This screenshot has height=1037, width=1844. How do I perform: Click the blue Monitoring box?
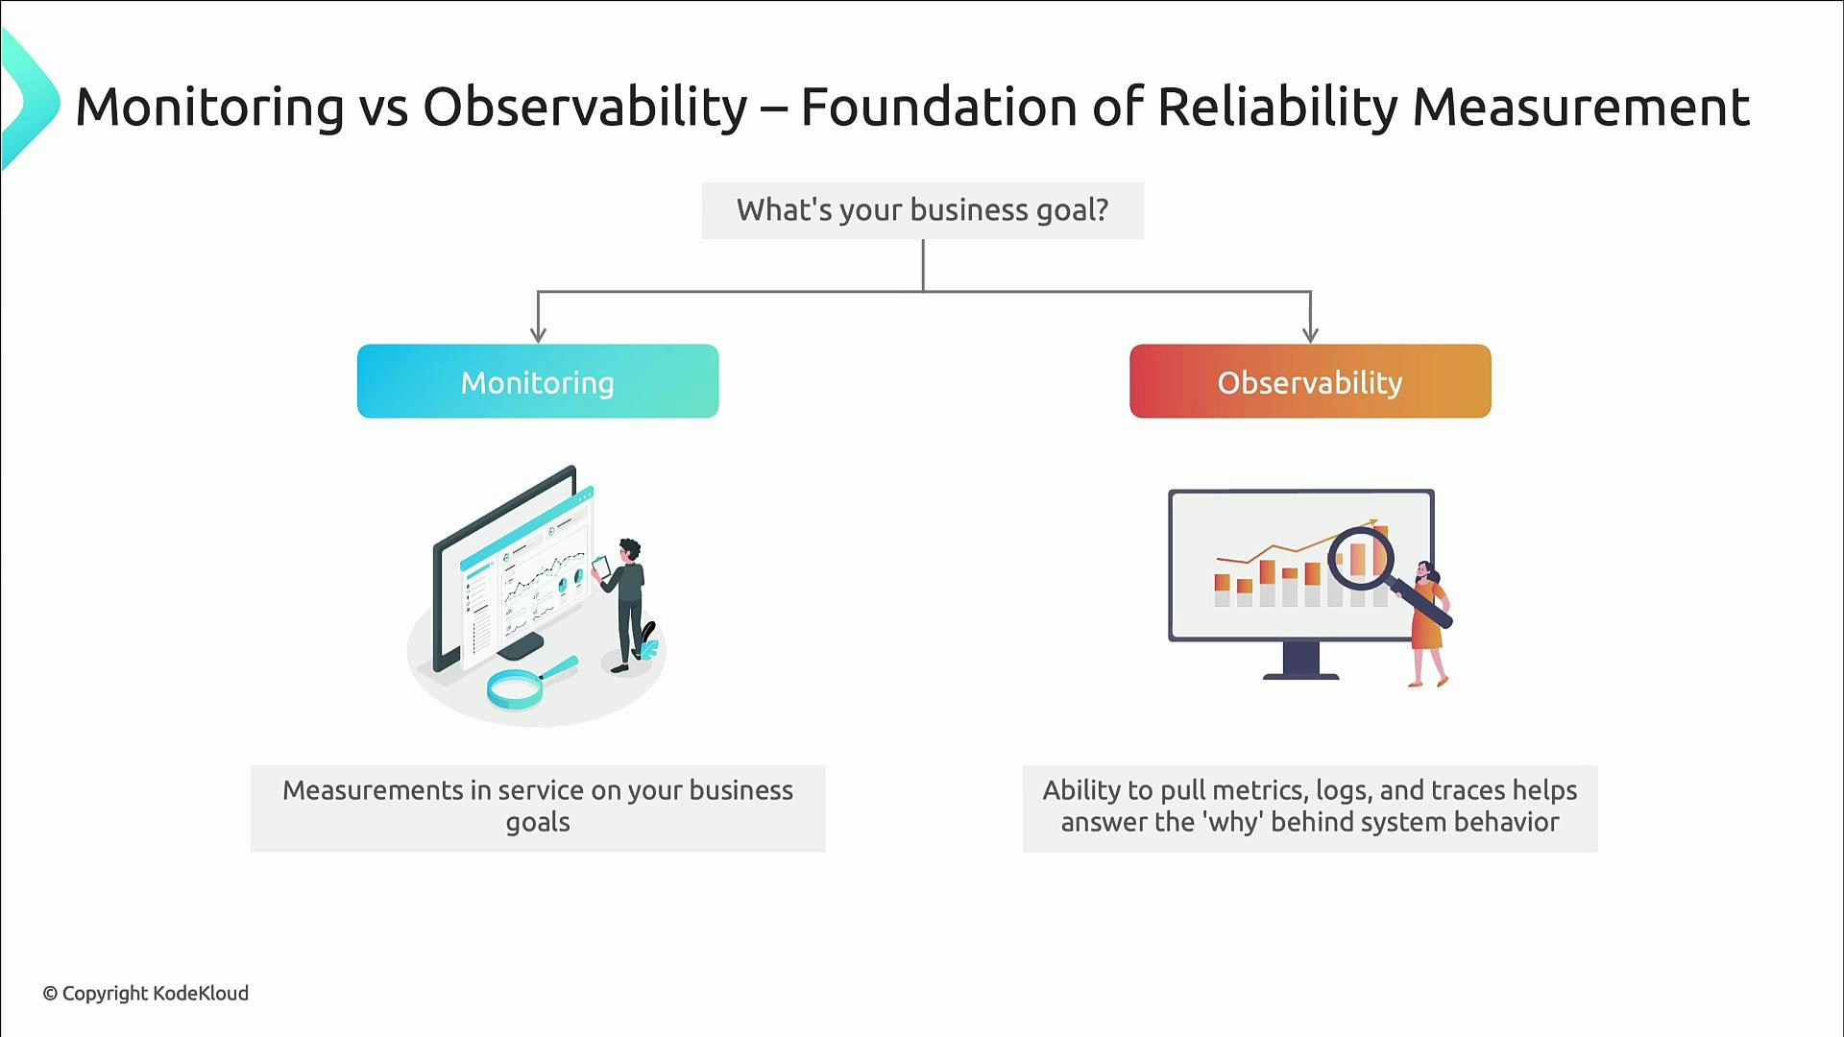538,381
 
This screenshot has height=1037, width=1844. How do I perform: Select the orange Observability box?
1310,381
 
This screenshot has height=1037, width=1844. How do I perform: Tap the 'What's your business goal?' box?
922,210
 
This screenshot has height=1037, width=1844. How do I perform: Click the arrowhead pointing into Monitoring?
538,333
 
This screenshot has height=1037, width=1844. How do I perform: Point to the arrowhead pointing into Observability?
1310,333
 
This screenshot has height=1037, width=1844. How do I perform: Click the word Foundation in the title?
938,107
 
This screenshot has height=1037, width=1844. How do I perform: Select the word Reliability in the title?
1277,107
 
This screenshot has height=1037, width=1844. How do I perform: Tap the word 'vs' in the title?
384,107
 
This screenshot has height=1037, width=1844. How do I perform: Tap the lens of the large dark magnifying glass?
1361,557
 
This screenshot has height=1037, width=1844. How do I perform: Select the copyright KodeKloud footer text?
145,993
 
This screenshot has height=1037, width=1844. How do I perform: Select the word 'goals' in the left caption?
538,823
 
